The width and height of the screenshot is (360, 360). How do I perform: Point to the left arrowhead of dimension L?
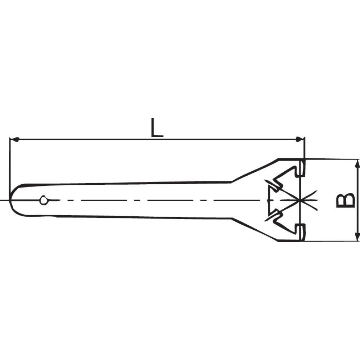(x=14, y=139)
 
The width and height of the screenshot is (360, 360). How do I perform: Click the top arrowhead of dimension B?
(x=357, y=163)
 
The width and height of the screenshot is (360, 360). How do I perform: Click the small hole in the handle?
(x=44, y=200)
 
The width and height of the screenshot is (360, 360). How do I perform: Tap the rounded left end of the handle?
(x=12, y=199)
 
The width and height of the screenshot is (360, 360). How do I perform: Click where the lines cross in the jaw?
(x=298, y=200)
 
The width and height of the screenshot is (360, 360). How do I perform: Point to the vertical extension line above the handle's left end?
(x=9, y=162)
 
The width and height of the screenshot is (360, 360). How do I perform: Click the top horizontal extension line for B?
(x=331, y=159)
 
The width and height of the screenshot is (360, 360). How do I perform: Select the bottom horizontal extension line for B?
(x=331, y=241)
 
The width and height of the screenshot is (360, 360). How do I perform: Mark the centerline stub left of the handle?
(x=4, y=200)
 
